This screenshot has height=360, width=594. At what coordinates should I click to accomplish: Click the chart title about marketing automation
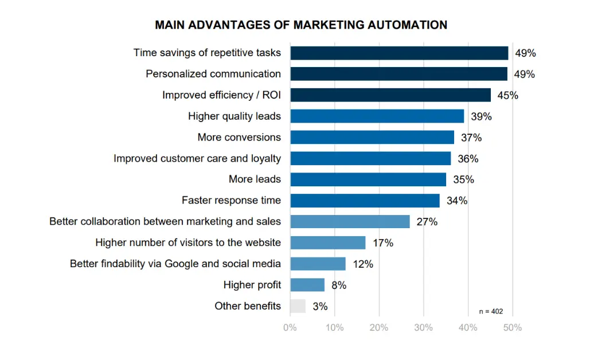point(301,25)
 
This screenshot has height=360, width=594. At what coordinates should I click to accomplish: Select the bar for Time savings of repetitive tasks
point(399,53)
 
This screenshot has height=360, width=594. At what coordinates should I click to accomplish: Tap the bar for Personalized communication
point(398,74)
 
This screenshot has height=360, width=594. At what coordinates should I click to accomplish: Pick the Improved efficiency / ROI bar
point(390,95)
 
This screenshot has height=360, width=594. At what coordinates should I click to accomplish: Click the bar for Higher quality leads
point(377,116)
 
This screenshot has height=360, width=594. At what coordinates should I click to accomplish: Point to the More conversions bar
point(372,138)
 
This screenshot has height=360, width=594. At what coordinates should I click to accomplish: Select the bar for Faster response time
point(365,201)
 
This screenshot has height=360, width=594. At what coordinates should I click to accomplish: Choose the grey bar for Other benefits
point(298,306)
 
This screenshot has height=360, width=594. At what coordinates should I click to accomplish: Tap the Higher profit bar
point(307,285)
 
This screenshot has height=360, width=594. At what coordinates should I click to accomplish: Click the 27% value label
point(427,222)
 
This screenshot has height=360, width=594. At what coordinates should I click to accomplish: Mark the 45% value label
point(507,96)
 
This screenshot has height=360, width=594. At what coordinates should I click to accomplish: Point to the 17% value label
point(383,243)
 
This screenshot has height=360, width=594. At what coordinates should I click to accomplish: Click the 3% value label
point(320,307)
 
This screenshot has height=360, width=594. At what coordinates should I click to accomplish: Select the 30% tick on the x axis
point(424,328)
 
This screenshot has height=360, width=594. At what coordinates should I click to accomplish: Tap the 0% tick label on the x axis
point(290,328)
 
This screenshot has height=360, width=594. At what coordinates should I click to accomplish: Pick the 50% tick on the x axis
point(513,328)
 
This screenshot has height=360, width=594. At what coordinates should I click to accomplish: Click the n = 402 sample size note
point(491,311)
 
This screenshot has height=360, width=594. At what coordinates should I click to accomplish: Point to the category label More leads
point(255,179)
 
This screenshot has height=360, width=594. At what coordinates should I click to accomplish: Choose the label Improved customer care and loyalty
point(197,158)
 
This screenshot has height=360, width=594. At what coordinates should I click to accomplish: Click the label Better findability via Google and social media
point(175,264)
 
